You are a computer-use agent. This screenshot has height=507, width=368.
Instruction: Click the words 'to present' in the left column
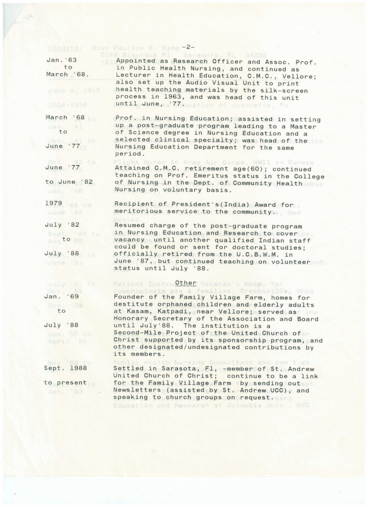tap(65, 383)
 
